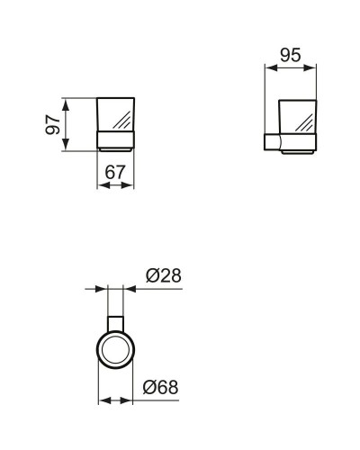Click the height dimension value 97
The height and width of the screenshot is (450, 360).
52,123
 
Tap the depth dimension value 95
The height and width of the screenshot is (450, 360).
290,55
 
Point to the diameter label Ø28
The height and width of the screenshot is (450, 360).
163,276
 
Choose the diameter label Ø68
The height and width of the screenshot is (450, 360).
163,387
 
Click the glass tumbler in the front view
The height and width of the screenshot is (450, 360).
115,114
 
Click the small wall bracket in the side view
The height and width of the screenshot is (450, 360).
270,143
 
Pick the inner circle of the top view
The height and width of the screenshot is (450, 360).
116,347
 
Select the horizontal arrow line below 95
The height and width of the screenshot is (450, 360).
291,67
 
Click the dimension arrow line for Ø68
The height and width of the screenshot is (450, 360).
116,400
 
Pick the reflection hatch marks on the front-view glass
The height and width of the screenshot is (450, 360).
123,118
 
